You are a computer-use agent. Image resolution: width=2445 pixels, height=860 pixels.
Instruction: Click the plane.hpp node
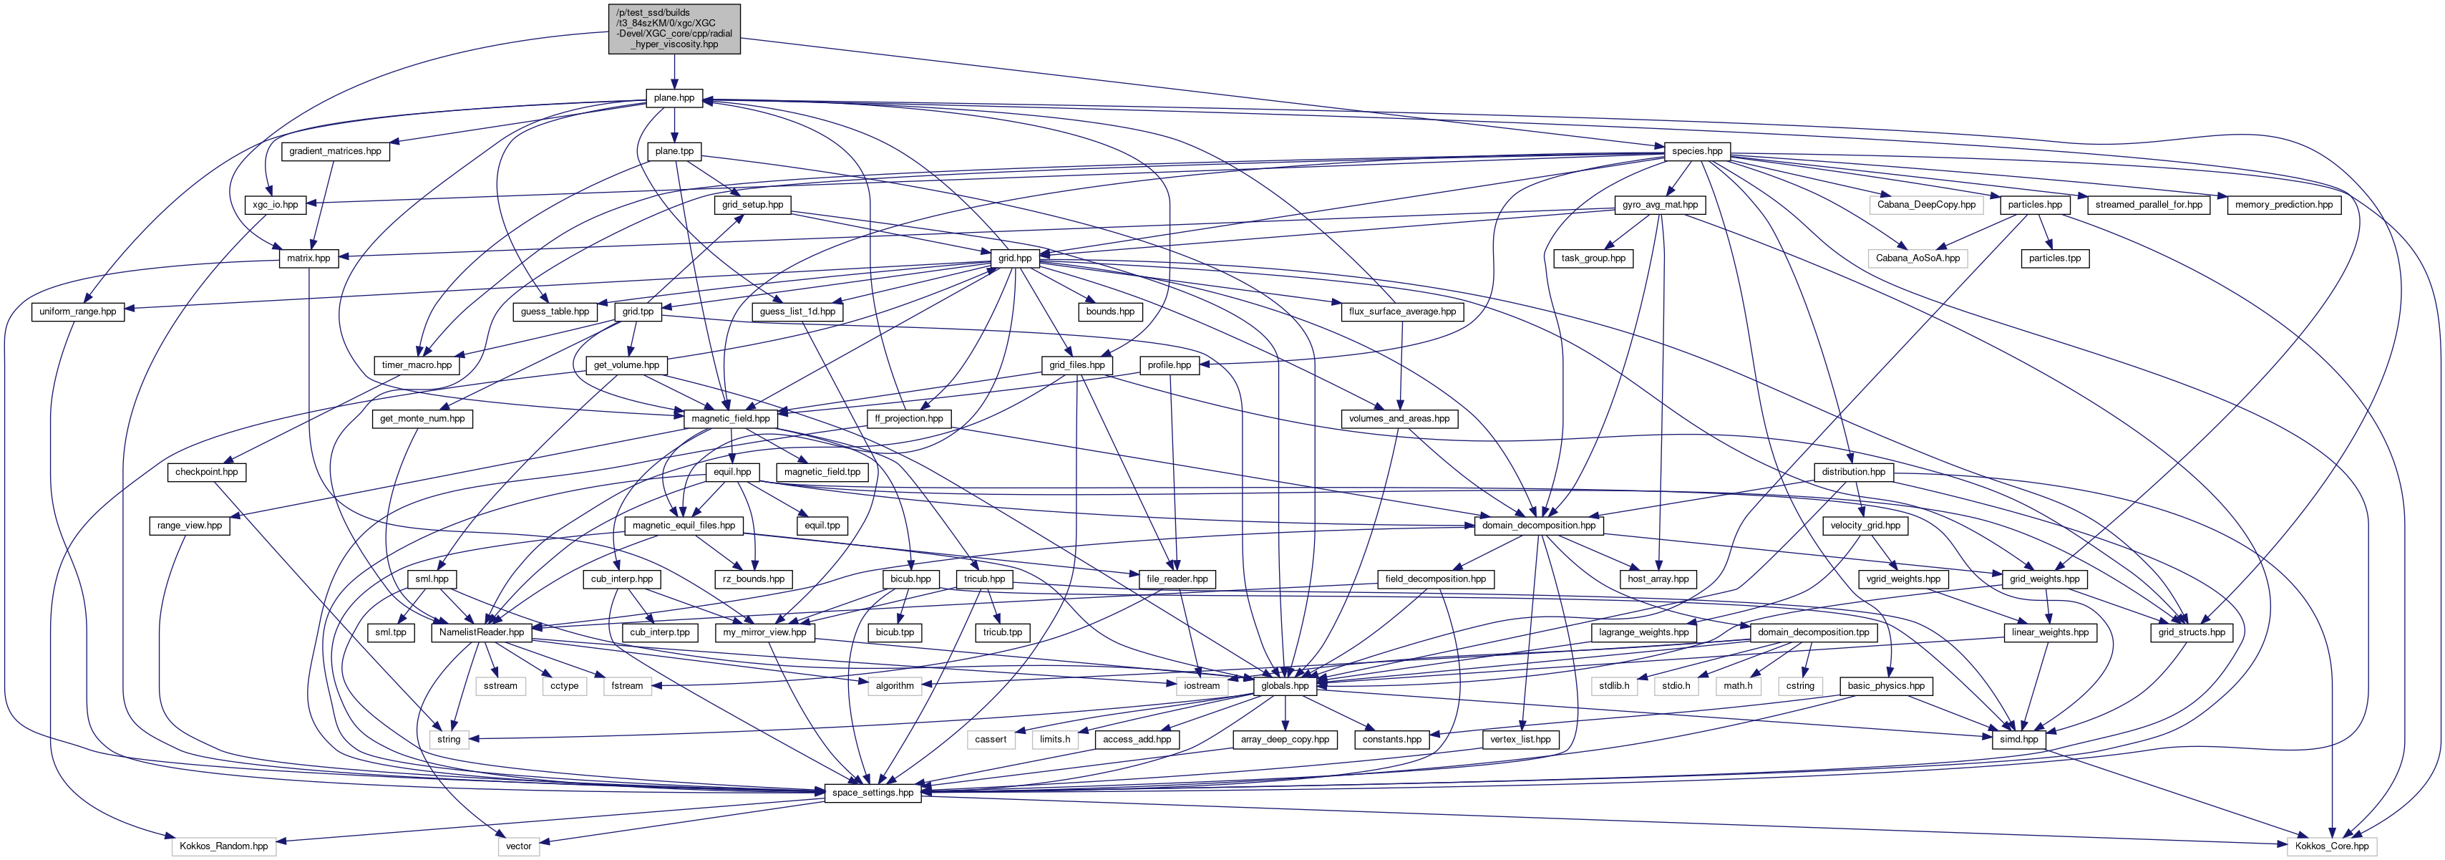click(x=674, y=98)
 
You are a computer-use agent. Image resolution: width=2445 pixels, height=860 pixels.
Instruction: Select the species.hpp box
click(x=1697, y=151)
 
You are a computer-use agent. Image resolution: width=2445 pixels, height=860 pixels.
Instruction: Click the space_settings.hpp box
click(x=872, y=793)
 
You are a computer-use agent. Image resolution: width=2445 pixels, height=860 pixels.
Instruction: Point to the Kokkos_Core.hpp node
click(x=2332, y=846)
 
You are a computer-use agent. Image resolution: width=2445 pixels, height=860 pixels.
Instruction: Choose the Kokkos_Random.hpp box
click(x=224, y=846)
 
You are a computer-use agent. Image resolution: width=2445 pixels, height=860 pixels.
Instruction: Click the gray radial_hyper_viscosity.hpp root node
click(x=674, y=29)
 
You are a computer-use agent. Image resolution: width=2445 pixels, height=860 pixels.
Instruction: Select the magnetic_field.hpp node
click(x=730, y=419)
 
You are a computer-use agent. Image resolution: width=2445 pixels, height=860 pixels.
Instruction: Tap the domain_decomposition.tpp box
click(x=1813, y=632)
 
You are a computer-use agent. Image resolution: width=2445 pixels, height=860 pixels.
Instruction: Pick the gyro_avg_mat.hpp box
click(x=1660, y=205)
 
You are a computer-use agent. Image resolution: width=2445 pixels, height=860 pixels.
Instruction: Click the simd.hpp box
click(x=2019, y=740)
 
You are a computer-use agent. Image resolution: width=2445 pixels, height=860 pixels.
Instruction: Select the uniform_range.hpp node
click(x=78, y=311)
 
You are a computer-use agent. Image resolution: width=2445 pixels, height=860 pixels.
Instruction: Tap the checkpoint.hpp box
click(x=207, y=472)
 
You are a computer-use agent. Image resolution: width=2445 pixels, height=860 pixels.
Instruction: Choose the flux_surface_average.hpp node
click(x=1402, y=311)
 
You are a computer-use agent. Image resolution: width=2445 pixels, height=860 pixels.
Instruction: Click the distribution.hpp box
click(x=1854, y=472)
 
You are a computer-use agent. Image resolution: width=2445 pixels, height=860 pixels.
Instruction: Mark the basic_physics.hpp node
click(x=1886, y=685)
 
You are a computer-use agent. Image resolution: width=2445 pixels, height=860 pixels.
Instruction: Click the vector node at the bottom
click(x=519, y=846)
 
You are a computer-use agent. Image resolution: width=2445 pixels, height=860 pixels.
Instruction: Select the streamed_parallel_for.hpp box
click(x=2148, y=205)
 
